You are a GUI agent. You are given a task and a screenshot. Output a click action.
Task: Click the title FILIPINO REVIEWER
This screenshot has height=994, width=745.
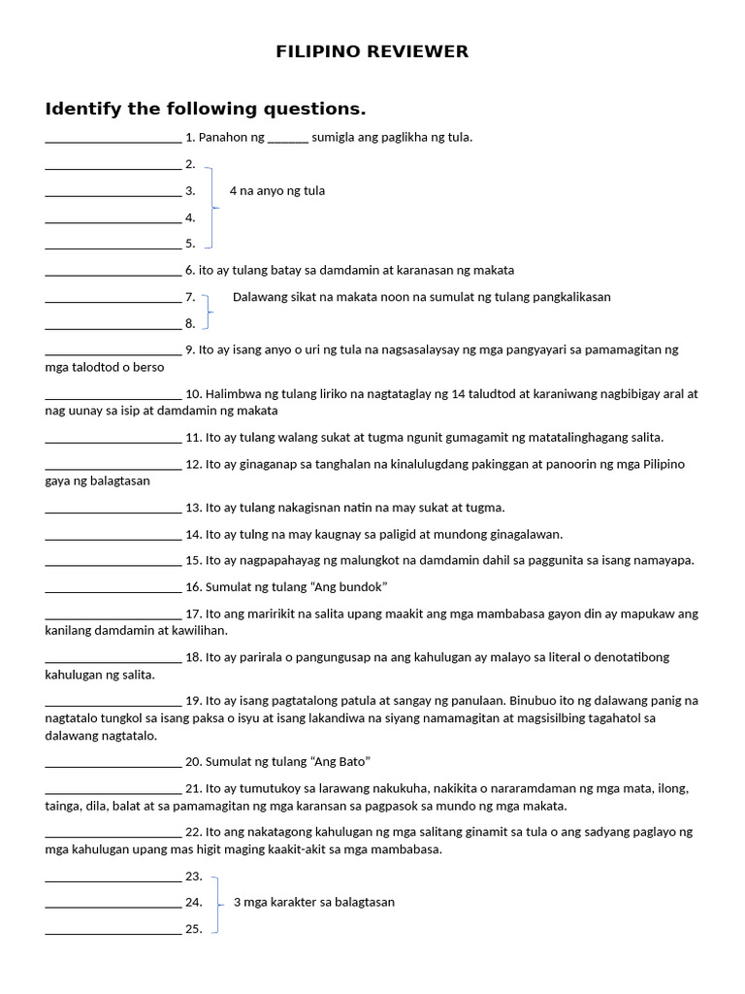pyautogui.click(x=372, y=51)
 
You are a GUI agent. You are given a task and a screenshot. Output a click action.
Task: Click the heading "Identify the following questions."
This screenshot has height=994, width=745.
pyautogui.click(x=206, y=108)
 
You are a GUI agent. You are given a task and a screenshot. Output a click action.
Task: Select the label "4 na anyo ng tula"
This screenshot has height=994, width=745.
pyautogui.click(x=277, y=191)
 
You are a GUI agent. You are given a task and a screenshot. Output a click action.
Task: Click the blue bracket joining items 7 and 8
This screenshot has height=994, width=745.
pyautogui.click(x=208, y=311)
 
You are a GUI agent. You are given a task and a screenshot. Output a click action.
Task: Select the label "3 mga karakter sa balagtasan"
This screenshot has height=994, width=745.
pyautogui.click(x=314, y=902)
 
